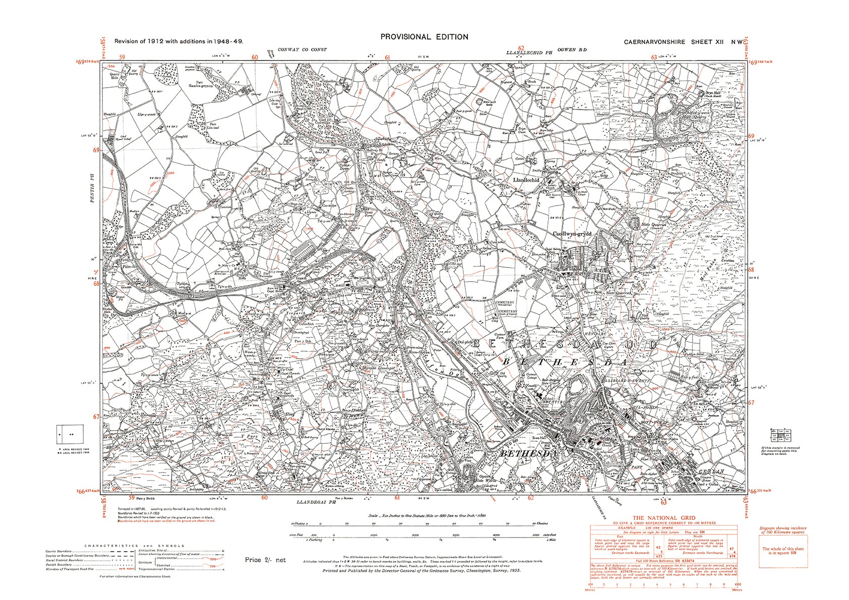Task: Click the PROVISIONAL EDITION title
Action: click(424, 37)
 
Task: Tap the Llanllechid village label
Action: click(525, 180)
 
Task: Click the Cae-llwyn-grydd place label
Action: click(571, 234)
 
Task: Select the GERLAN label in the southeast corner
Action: click(711, 472)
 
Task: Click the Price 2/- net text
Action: click(265, 560)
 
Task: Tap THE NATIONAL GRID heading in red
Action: click(663, 518)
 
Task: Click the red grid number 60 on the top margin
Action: click(255, 57)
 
